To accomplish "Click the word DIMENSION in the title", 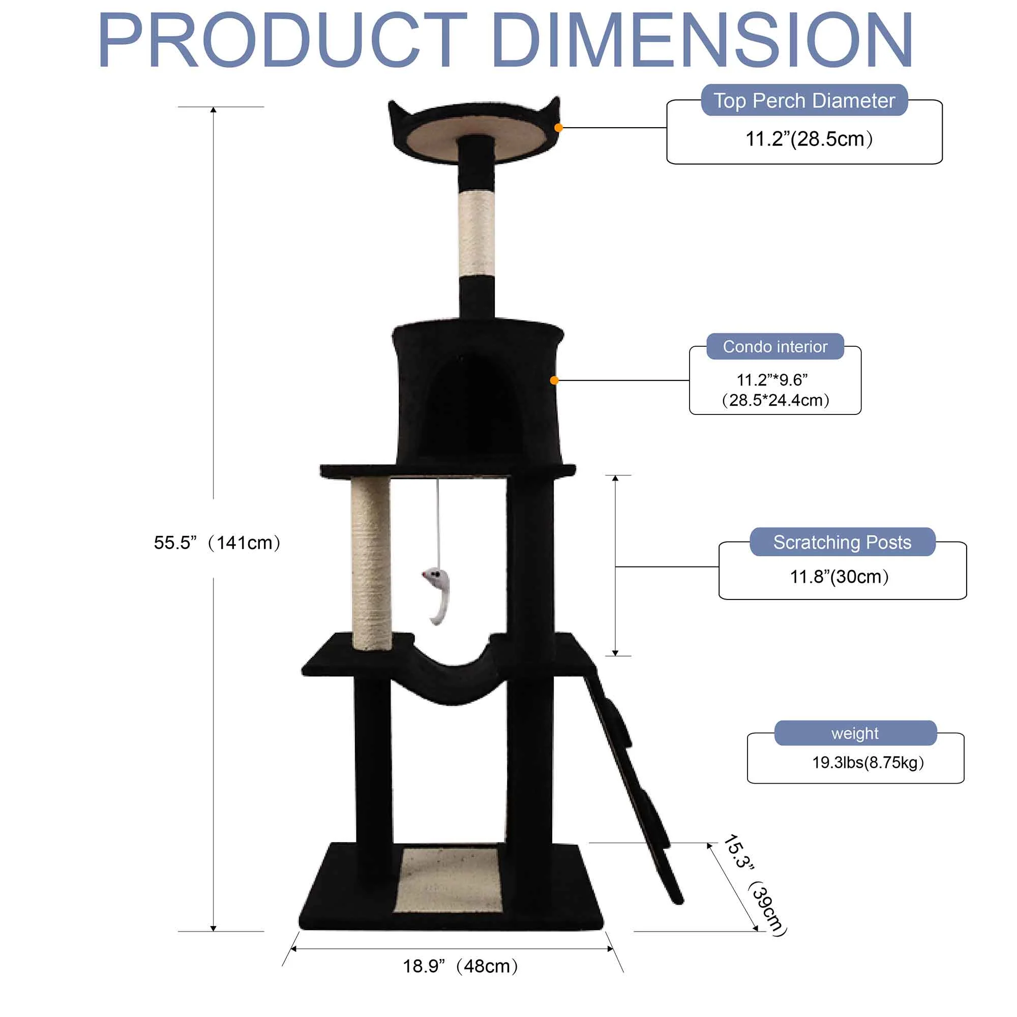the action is (x=704, y=41).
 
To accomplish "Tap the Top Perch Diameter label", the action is (x=804, y=101).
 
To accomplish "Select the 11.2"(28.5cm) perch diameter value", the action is (x=809, y=139).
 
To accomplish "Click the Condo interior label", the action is (x=775, y=346).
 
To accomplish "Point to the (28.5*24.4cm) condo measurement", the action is (x=775, y=400).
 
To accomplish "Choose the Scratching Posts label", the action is (x=842, y=542).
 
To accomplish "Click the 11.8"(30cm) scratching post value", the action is (x=839, y=577).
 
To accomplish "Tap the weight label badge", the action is (x=855, y=733).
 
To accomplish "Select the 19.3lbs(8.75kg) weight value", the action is (x=868, y=763).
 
